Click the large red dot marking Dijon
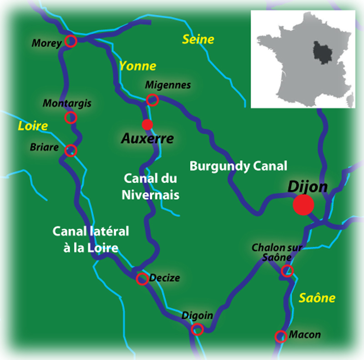point(303,205)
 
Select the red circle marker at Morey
point(71,41)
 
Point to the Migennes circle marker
point(153,100)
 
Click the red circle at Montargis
point(71,118)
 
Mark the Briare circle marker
point(71,150)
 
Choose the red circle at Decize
point(142,279)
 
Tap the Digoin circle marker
point(197,329)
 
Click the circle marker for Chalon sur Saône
point(287,271)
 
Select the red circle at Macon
point(281,336)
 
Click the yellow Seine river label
point(198,40)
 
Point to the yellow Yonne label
point(137,66)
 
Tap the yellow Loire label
point(33,126)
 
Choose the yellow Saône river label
point(317,298)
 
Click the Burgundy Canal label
point(238,166)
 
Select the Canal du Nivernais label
point(150,186)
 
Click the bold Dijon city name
point(308,187)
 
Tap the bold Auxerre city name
point(147,139)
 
